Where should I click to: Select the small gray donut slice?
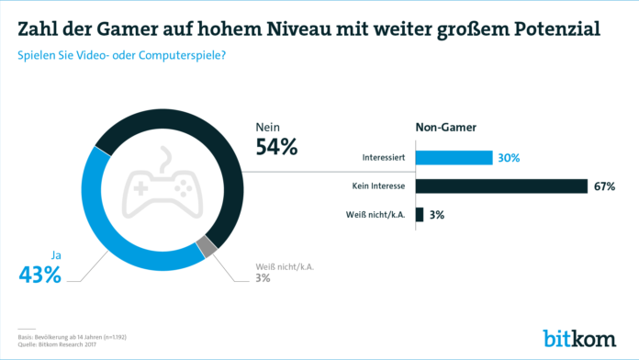click(208, 246)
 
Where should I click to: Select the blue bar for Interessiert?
click(454, 157)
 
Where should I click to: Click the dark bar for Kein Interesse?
click(501, 186)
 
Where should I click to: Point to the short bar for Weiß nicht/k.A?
click(420, 215)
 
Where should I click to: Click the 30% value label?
click(510, 158)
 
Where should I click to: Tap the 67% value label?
click(605, 186)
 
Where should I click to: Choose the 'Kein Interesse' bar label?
click(379, 186)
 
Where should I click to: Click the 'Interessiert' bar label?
click(385, 158)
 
